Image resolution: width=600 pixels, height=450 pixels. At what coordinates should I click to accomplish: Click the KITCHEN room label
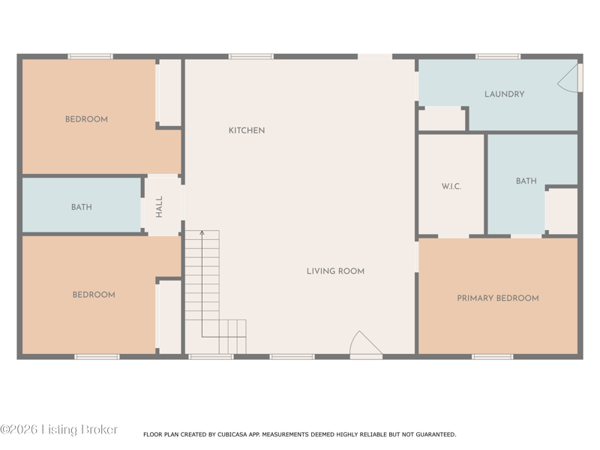[x=247, y=130]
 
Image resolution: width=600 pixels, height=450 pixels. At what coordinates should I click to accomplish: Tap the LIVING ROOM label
[x=335, y=271]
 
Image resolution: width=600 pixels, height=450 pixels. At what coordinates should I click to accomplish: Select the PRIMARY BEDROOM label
[x=498, y=298]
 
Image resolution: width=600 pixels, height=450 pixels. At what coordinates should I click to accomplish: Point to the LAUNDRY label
[x=504, y=94]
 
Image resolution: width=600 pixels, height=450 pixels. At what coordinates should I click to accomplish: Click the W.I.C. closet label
[x=451, y=186]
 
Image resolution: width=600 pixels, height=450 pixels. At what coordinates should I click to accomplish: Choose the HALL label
[x=159, y=207]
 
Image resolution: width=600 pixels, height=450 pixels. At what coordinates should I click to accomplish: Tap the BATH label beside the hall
[x=82, y=207]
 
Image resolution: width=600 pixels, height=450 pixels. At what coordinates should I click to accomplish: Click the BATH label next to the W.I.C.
[x=526, y=181]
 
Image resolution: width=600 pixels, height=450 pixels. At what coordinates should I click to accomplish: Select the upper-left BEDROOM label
[x=86, y=119]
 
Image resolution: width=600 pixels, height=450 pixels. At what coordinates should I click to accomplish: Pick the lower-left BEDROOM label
[x=94, y=295]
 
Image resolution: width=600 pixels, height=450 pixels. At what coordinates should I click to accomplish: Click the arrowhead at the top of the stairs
[x=202, y=232]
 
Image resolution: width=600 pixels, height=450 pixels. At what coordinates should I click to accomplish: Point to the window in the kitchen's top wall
[x=251, y=57]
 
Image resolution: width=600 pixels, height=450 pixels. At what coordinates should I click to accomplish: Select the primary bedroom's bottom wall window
[x=493, y=357]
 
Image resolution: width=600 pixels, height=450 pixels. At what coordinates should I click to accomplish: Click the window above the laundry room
[x=498, y=57]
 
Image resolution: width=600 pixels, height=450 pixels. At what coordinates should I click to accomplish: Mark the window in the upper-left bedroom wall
[x=90, y=57]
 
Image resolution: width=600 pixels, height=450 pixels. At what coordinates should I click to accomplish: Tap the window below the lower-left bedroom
[x=97, y=357]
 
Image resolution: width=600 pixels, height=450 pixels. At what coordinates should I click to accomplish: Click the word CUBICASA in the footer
[x=232, y=434]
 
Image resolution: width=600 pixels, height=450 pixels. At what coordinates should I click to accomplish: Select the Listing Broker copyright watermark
[x=59, y=429]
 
